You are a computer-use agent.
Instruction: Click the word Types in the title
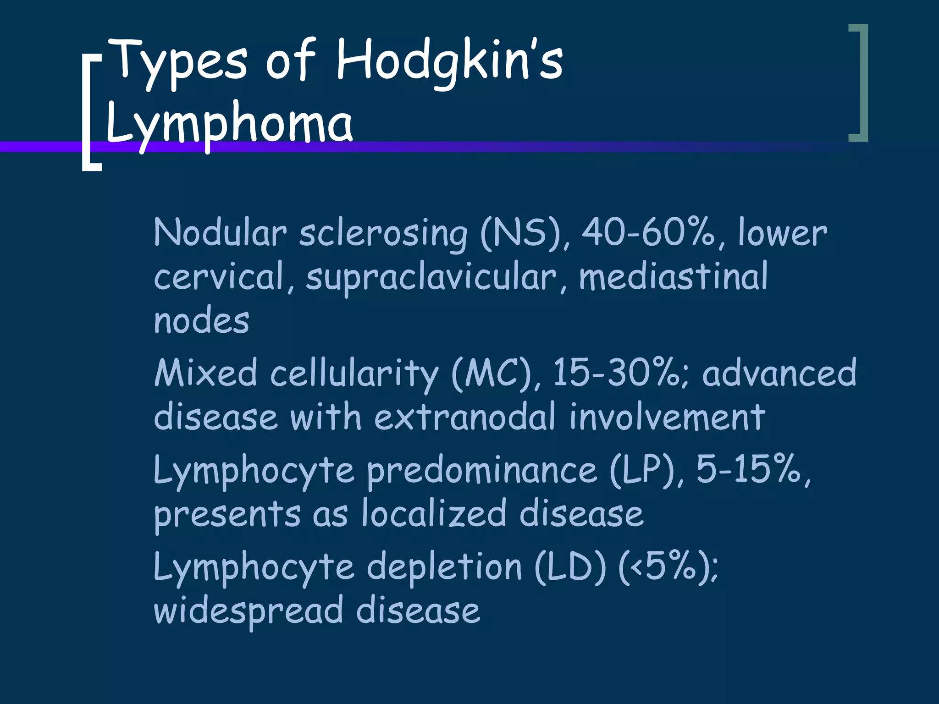click(179, 62)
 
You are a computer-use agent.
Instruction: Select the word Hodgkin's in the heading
click(449, 62)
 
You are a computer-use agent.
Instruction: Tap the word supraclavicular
click(431, 278)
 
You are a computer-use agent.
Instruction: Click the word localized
click(434, 513)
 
